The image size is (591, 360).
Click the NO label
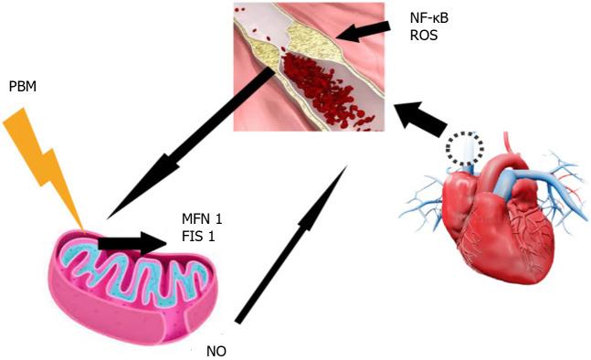coord(216,349)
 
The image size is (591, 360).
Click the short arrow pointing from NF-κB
coord(361,32)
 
